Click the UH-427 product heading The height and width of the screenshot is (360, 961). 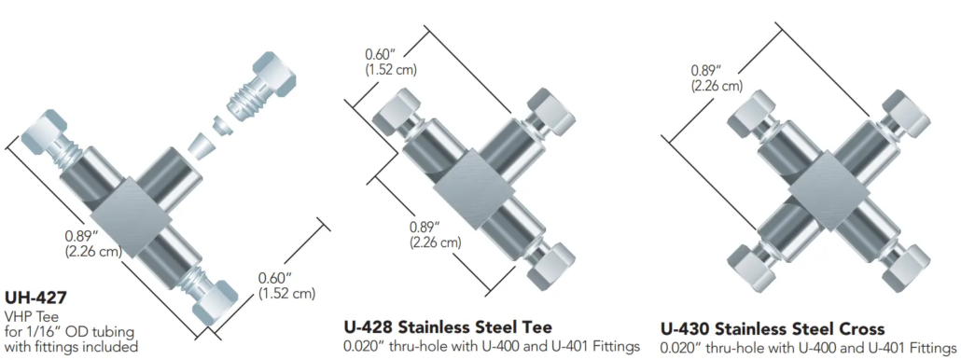pyautogui.click(x=35, y=298)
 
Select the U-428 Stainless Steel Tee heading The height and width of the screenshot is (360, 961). pyautogui.click(x=447, y=326)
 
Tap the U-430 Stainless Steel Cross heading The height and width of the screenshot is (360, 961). pyautogui.click(x=772, y=327)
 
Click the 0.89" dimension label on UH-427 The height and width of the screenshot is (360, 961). pyautogui.click(x=93, y=243)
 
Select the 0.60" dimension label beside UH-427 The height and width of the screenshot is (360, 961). pyautogui.click(x=286, y=285)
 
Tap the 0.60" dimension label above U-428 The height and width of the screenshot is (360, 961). pyautogui.click(x=391, y=62)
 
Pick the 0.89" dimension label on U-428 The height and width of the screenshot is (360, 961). pyautogui.click(x=435, y=234)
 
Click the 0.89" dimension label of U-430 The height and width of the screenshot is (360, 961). pyautogui.click(x=717, y=77)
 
